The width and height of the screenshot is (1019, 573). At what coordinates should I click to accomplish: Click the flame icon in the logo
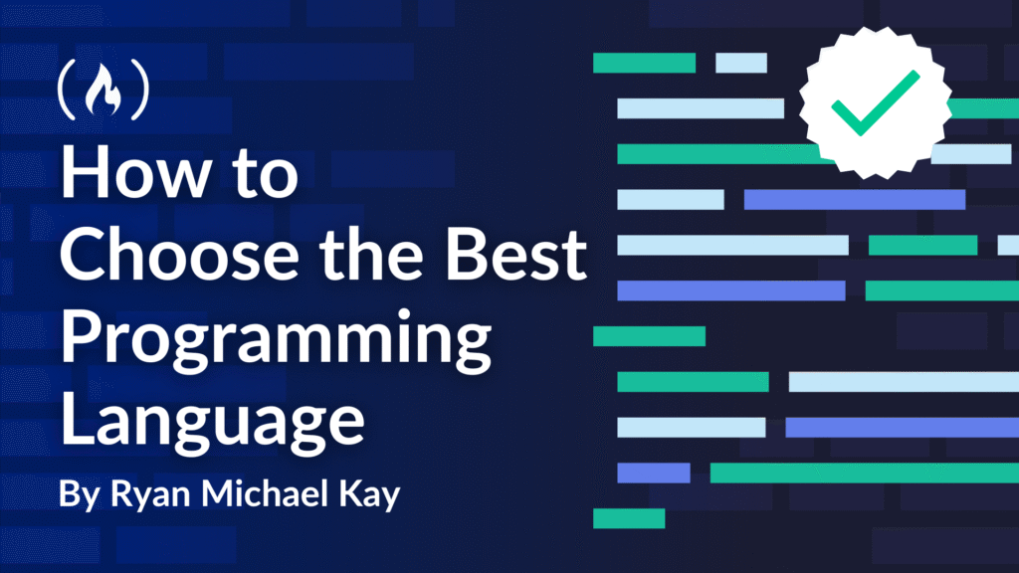point(102,91)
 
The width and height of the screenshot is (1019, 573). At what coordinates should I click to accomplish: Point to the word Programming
point(277,340)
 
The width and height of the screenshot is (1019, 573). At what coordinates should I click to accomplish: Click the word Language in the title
point(213,422)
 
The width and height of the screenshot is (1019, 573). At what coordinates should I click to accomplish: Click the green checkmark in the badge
point(875,102)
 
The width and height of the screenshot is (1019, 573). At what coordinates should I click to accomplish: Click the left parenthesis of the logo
point(67,90)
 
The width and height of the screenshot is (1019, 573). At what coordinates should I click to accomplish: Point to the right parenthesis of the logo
point(139,90)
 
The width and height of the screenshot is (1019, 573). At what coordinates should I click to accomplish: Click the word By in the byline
point(80,494)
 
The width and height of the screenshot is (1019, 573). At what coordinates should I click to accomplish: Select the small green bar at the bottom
point(629,518)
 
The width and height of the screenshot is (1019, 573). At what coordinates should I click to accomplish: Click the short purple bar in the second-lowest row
point(654,473)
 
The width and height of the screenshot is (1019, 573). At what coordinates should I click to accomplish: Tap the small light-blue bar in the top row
point(741,63)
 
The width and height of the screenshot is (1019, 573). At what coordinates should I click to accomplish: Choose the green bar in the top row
point(645,63)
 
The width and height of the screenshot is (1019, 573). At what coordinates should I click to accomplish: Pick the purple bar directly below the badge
point(855,199)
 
